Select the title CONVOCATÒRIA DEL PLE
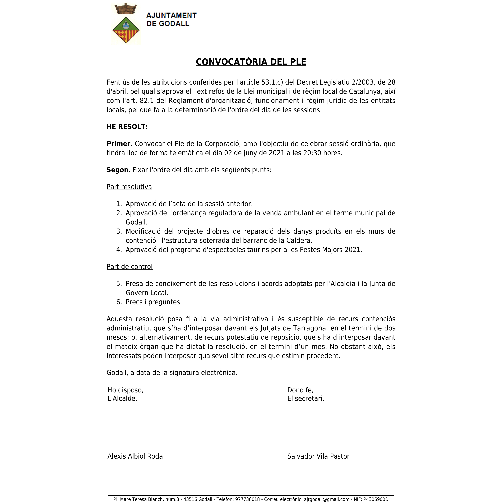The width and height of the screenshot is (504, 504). (x=251, y=62)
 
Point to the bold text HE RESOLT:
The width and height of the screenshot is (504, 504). (x=127, y=127)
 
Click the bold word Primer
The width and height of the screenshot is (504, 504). (x=119, y=144)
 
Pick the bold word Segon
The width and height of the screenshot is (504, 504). (x=117, y=170)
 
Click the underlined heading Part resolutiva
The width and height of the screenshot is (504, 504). (x=129, y=187)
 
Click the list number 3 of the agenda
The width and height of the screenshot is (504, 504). (x=119, y=231)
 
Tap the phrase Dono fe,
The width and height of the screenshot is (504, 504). (x=300, y=390)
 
